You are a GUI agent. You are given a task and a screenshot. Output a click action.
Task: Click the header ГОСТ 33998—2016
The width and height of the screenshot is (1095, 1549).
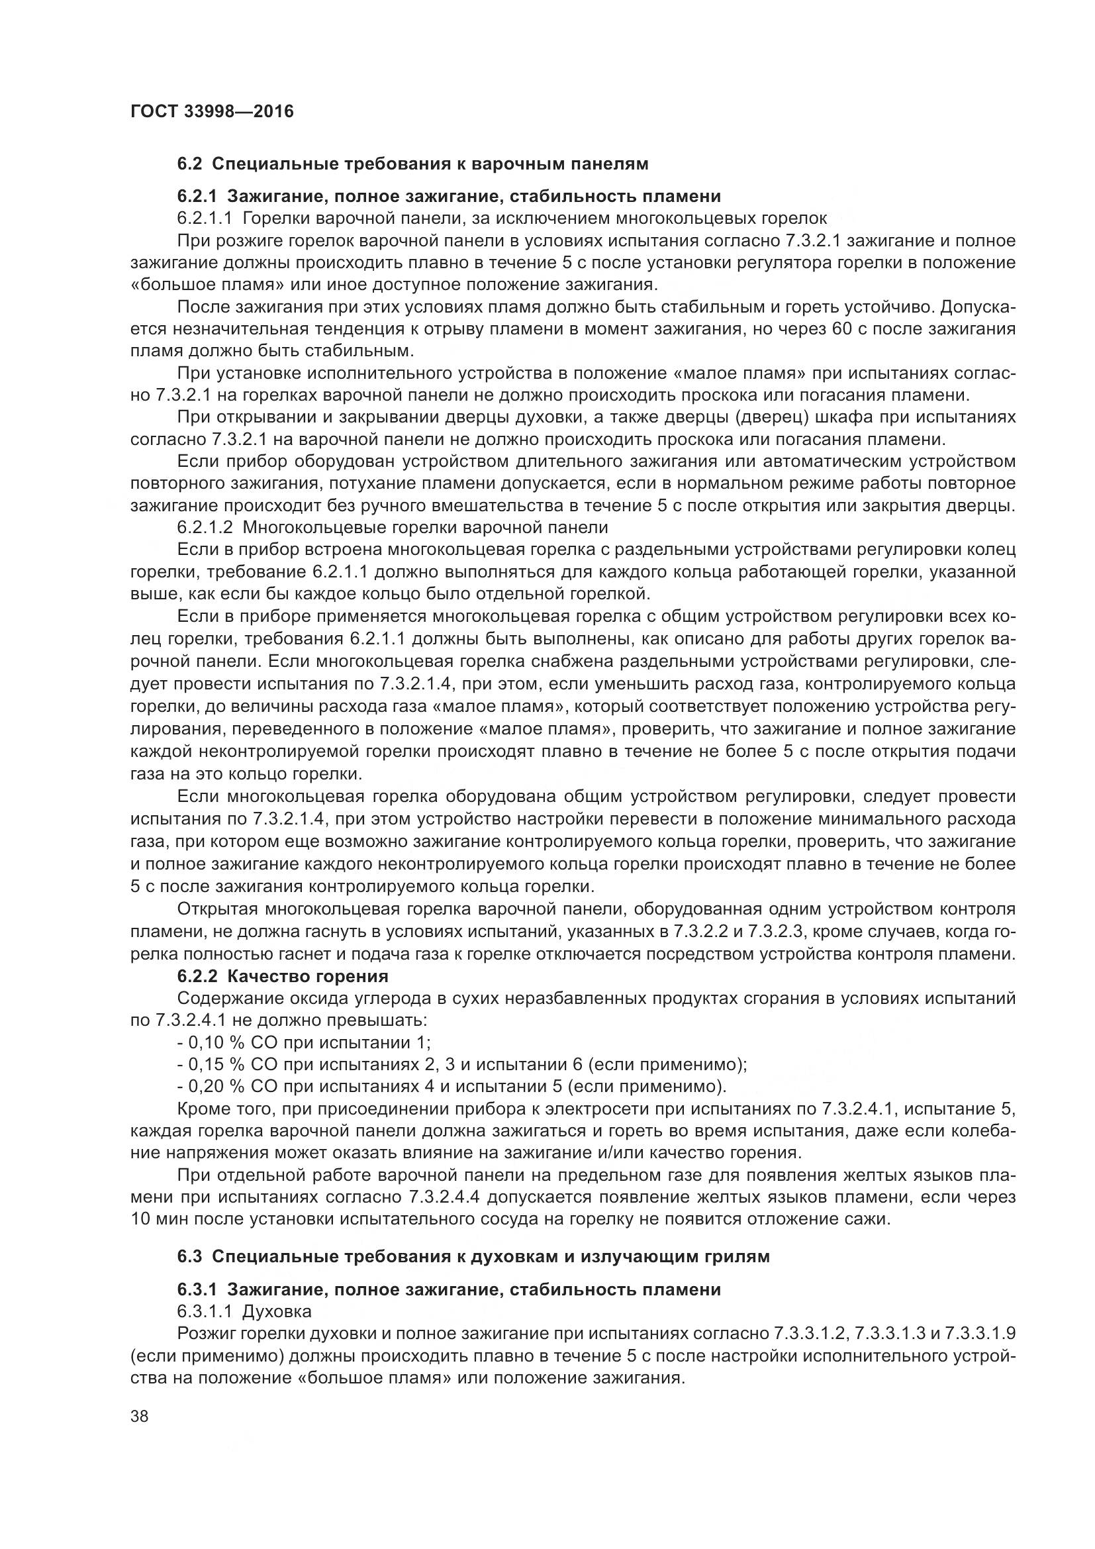click(x=212, y=111)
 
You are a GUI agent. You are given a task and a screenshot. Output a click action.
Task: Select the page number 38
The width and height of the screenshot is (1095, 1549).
click(x=140, y=1416)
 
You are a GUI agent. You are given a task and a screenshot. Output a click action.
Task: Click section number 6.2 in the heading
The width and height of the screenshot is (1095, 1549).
click(x=190, y=164)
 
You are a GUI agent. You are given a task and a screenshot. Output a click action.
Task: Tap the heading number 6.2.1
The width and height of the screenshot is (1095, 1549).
click(x=197, y=196)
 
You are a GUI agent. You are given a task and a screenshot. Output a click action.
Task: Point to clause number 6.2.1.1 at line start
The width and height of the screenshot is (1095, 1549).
click(x=205, y=218)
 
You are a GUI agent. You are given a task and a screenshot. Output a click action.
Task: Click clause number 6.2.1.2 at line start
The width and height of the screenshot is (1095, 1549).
click(x=205, y=527)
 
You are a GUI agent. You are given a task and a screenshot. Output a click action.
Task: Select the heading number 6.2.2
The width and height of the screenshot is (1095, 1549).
click(x=197, y=976)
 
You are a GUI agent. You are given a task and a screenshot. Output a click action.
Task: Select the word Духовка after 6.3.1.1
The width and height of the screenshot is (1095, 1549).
click(x=277, y=1311)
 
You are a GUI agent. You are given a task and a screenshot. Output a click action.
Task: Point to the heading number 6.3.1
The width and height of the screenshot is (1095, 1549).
click(x=197, y=1289)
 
